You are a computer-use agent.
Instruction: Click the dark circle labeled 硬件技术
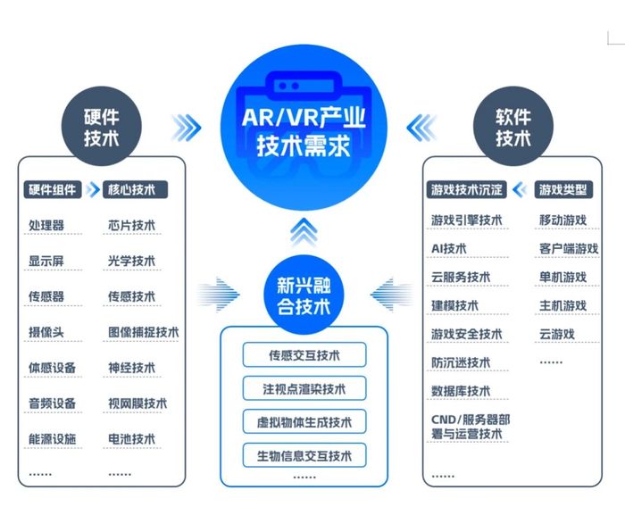tap(102, 127)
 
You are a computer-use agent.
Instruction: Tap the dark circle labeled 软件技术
tap(513, 127)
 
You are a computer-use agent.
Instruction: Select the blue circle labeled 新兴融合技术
tap(304, 295)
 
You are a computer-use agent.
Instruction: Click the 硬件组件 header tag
tap(53, 190)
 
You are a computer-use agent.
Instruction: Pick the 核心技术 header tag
tap(135, 190)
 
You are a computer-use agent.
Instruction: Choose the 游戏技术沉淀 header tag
tap(466, 190)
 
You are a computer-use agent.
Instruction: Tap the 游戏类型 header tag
tap(563, 190)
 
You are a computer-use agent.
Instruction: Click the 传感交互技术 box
tap(304, 354)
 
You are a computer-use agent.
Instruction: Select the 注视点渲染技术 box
tap(304, 388)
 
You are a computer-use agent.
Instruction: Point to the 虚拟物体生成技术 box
tap(304, 421)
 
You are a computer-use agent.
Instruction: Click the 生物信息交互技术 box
tap(304, 455)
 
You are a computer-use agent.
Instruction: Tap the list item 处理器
tap(46, 225)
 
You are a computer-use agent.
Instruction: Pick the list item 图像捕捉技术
tap(144, 332)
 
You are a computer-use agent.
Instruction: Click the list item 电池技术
tap(131, 439)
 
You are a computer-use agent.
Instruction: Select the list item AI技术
tap(449, 249)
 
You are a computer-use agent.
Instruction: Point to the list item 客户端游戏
tap(569, 249)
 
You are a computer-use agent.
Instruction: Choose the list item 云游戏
tap(557, 334)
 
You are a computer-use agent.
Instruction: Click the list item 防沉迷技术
tap(461, 362)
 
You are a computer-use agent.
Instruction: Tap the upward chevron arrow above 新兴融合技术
tap(304, 231)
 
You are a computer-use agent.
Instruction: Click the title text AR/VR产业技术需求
tap(304, 131)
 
